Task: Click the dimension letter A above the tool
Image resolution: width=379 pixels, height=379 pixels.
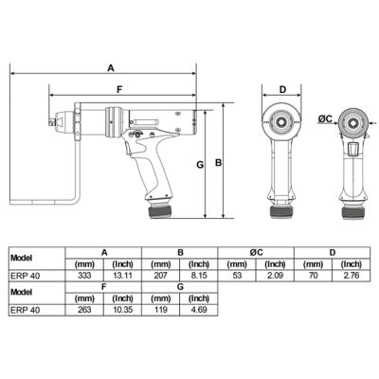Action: click(111, 68)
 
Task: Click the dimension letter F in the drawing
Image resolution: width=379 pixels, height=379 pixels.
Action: click(117, 89)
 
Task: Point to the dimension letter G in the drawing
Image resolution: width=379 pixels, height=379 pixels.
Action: click(200, 165)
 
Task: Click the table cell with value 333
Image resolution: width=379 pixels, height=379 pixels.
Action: click(83, 275)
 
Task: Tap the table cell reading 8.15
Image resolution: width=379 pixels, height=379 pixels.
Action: click(199, 275)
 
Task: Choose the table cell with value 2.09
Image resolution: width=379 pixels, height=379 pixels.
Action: click(276, 275)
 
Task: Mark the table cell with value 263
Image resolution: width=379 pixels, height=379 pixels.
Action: click(83, 308)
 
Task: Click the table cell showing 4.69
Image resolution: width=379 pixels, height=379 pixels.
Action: click(199, 308)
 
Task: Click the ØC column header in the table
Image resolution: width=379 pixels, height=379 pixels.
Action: click(256, 252)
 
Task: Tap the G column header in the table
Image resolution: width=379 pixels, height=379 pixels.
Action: click(179, 285)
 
